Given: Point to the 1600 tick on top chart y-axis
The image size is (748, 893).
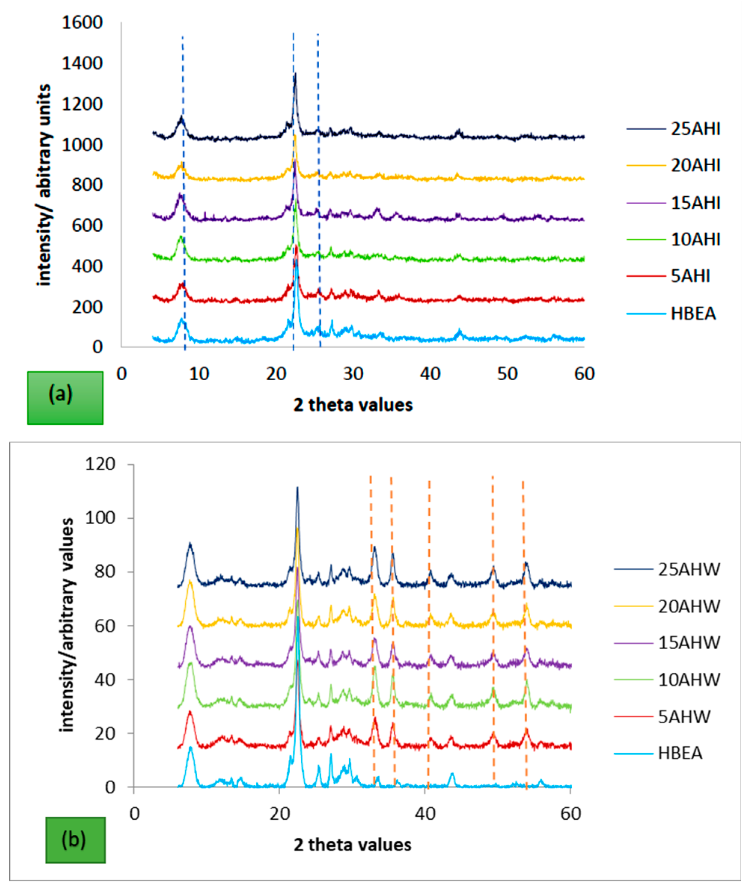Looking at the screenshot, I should (82, 22).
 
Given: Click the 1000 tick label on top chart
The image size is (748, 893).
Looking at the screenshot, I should (82, 145).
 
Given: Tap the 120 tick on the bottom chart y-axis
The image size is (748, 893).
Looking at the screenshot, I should (100, 464).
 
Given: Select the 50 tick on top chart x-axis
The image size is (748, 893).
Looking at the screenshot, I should (507, 374).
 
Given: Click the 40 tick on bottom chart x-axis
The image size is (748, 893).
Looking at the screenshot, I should (425, 813).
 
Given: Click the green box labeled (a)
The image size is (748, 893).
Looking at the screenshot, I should (65, 398).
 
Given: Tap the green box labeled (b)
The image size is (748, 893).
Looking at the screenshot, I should (75, 840).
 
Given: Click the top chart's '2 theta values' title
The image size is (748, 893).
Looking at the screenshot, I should (353, 405).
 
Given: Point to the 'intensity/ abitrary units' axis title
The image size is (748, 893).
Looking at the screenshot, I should (44, 185).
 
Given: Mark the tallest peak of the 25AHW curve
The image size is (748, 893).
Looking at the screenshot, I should (297, 488).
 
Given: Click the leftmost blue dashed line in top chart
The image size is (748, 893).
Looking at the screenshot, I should (183, 191).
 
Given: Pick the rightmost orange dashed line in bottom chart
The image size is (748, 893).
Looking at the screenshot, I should (524, 633).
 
